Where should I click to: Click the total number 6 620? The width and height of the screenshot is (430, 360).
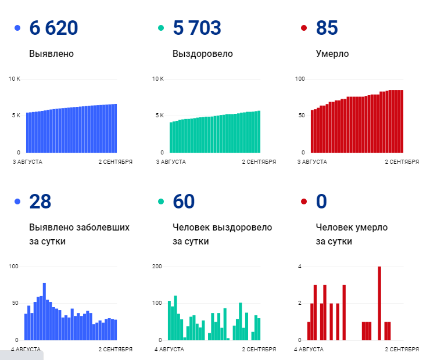pyautogui.click(x=53, y=28)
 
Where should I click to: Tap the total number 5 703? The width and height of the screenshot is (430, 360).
pyautogui.click(x=197, y=28)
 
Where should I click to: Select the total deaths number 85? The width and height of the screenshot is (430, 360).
pyautogui.click(x=327, y=28)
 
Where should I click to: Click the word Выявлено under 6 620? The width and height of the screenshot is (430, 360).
pyautogui.click(x=51, y=54)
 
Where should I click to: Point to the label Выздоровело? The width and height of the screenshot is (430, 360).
pyautogui.click(x=203, y=54)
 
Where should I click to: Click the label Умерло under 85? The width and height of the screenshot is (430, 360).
pyautogui.click(x=332, y=54)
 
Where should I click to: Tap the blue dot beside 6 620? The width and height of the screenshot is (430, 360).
pyautogui.click(x=17, y=28)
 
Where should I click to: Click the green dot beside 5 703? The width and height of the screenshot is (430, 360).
pyautogui.click(x=161, y=28)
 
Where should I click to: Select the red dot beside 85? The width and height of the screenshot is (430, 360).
pyautogui.click(x=304, y=28)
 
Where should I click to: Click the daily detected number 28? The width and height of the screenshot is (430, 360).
pyautogui.click(x=40, y=201)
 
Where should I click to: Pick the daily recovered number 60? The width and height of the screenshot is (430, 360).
pyautogui.click(x=184, y=201)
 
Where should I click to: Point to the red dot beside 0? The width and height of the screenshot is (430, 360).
pyautogui.click(x=304, y=201)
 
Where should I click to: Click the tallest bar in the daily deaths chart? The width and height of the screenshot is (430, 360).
pyautogui.click(x=379, y=303)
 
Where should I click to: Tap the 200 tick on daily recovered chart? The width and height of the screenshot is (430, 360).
pyautogui.click(x=157, y=267)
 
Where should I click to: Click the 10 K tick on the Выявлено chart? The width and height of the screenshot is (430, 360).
pyautogui.click(x=15, y=78)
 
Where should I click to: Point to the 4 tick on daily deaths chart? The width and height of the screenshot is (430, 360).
pyautogui.click(x=299, y=267)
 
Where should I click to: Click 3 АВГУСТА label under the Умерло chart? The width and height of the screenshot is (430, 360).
pyautogui.click(x=313, y=162)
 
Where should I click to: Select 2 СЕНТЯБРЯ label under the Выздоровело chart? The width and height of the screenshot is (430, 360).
pyautogui.click(x=259, y=162)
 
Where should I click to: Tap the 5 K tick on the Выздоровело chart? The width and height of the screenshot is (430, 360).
pyautogui.click(x=159, y=116)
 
